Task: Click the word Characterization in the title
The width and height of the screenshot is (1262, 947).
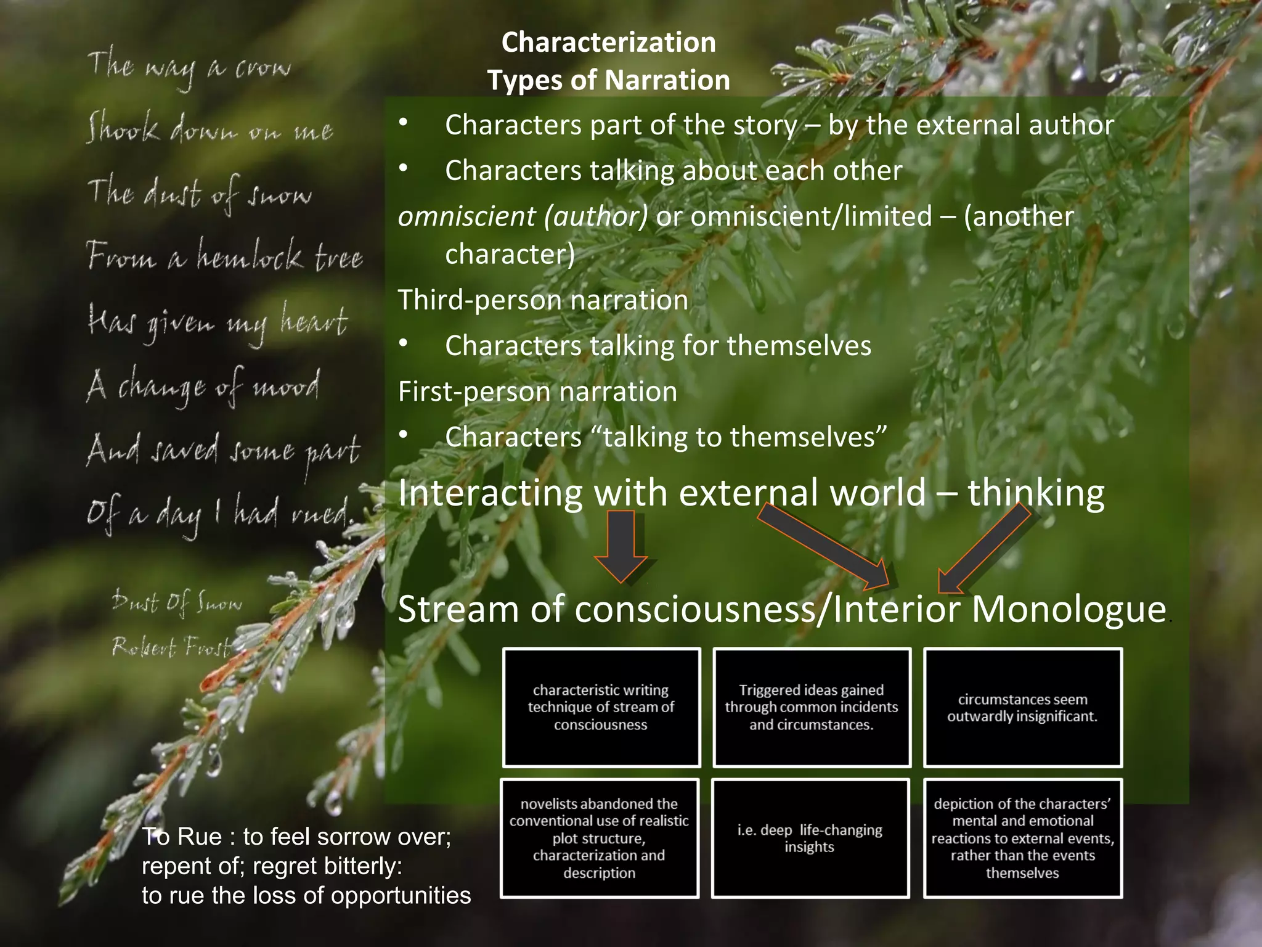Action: [x=608, y=43]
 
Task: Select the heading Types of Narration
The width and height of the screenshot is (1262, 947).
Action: [x=608, y=80]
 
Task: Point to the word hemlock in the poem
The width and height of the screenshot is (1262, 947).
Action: [x=250, y=255]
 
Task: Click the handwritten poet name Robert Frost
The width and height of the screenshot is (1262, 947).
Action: [x=171, y=647]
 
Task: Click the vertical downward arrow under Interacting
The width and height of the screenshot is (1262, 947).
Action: [x=621, y=546]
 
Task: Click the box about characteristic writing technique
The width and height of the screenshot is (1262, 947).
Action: [x=601, y=707]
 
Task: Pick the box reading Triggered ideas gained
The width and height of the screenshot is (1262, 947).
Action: [x=812, y=707]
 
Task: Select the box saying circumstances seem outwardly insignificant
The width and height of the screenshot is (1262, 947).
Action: [x=1022, y=707]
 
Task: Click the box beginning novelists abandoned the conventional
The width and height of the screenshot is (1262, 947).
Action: [x=600, y=838]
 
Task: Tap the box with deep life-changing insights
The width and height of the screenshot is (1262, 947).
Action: [x=810, y=838]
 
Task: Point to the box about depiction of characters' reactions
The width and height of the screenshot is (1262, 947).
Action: [x=1022, y=838]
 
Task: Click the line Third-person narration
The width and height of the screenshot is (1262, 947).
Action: [x=543, y=300]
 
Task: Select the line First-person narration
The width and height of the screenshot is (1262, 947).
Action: [x=537, y=392]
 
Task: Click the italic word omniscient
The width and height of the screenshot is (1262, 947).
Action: [x=466, y=216]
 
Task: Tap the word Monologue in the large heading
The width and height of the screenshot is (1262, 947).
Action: [x=1069, y=609]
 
